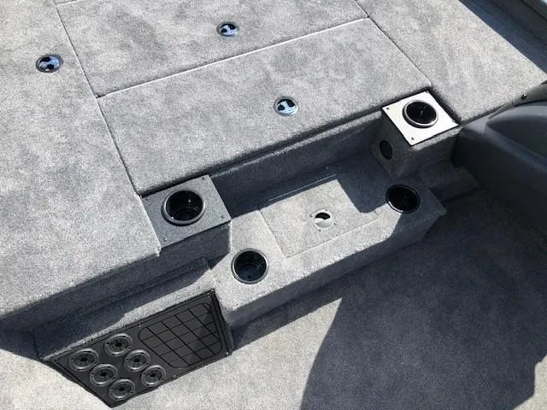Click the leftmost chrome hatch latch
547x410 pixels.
[49, 62]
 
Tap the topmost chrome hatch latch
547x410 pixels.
[227, 29]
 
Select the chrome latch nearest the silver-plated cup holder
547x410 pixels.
[285, 106]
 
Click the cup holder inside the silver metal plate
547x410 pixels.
[419, 114]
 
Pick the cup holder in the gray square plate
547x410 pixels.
[184, 207]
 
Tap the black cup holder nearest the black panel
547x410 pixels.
[249, 266]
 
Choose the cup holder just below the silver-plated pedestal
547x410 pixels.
[402, 198]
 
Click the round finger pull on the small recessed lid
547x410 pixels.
[322, 219]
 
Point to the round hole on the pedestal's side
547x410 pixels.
[385, 149]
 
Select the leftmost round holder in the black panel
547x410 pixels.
[83, 359]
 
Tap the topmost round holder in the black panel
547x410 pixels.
[118, 344]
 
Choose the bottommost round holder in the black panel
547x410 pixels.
[121, 389]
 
